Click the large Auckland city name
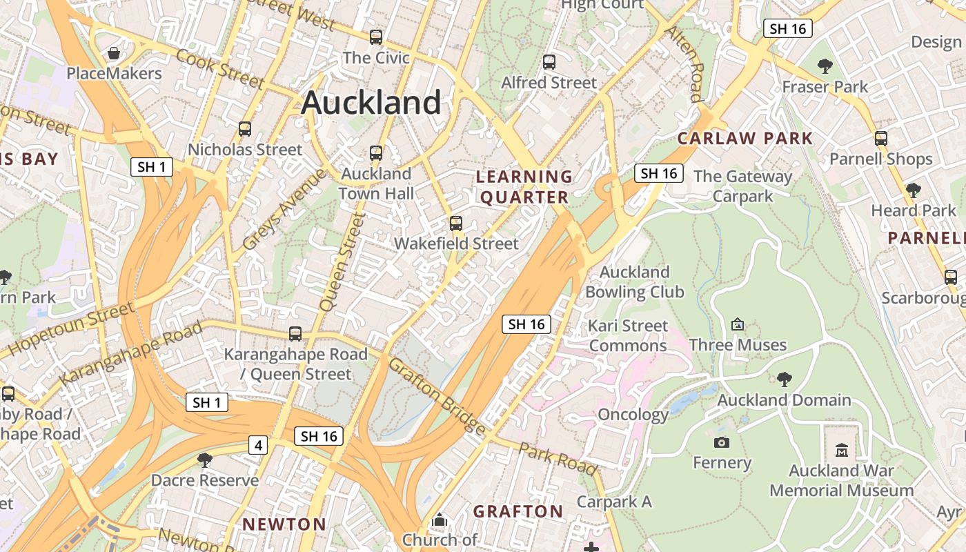pos(371,103)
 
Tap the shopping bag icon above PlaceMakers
pos(115,53)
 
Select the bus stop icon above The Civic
pos(376,37)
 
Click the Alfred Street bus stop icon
pos(549,62)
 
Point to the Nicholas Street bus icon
pos(245,129)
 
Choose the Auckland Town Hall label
pos(376,184)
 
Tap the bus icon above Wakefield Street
pos(455,224)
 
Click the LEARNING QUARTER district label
pos(524,187)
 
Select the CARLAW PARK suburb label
pos(745,138)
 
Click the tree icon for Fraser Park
pos(825,66)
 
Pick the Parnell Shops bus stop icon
pos(881,138)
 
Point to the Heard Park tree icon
pos(914,190)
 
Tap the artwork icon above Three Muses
pos(738,324)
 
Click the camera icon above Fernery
pos(722,442)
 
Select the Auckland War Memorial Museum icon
pos(841,451)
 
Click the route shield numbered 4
pos(258,445)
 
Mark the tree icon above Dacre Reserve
pos(205,460)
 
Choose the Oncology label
pos(633,415)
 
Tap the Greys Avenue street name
pos(284,209)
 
